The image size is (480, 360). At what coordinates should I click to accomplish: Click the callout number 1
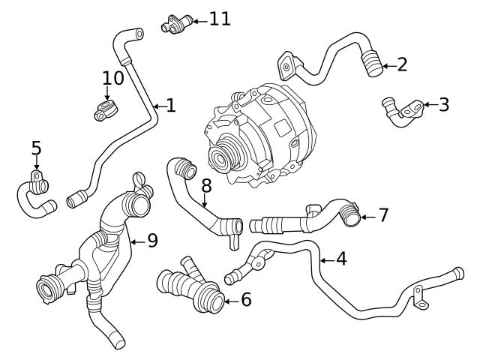170,106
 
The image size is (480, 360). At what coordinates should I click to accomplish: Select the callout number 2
402,65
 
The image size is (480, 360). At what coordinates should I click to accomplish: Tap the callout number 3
443,104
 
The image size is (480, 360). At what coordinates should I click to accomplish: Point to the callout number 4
341,259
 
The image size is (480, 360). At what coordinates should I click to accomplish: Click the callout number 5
36,148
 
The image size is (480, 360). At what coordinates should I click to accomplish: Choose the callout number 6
245,301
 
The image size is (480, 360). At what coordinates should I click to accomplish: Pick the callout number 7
382,216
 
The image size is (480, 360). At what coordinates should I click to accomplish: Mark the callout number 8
206,184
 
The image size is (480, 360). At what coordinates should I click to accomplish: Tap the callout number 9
151,241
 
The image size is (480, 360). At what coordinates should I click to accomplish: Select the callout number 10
112,78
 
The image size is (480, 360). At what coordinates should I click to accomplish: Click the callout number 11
219,19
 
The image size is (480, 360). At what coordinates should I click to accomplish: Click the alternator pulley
221,157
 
